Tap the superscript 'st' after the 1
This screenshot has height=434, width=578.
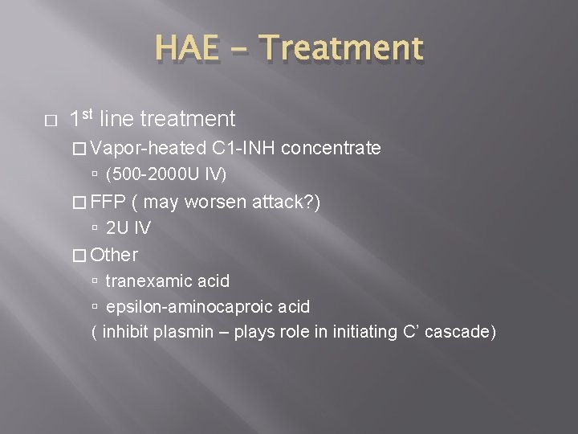coord(87,115)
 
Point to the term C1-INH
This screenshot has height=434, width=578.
coord(244,148)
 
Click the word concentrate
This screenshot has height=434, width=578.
coord(332,148)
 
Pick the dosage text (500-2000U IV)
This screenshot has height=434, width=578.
coord(166,174)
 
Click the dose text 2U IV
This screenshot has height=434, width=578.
coord(128,228)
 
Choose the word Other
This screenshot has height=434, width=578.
coord(115,256)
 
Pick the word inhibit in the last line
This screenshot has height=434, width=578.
coord(130,332)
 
